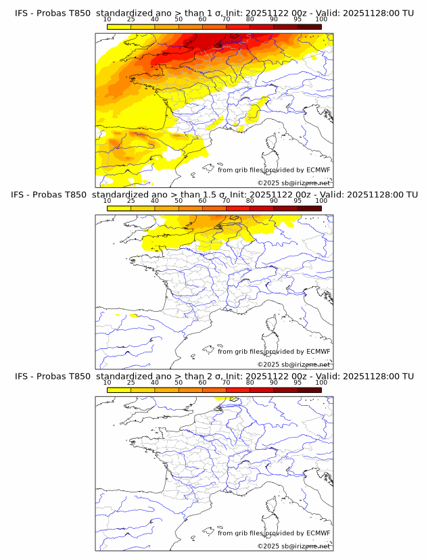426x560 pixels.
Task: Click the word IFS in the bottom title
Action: point(22,376)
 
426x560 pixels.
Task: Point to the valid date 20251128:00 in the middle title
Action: point(370,195)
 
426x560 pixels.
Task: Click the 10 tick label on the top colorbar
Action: point(107,20)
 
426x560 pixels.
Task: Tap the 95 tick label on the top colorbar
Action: point(298,20)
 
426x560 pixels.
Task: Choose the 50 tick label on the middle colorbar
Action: point(179,201)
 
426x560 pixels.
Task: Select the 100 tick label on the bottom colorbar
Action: point(321,382)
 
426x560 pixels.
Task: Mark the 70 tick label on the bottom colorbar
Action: point(226,382)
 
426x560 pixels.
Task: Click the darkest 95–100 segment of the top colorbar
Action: point(310,27)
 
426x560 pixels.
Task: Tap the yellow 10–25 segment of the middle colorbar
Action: point(119,208)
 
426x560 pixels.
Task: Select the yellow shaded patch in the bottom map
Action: point(220,399)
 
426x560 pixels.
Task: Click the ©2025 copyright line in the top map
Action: point(293,183)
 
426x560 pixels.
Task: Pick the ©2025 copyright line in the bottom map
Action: point(293,546)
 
